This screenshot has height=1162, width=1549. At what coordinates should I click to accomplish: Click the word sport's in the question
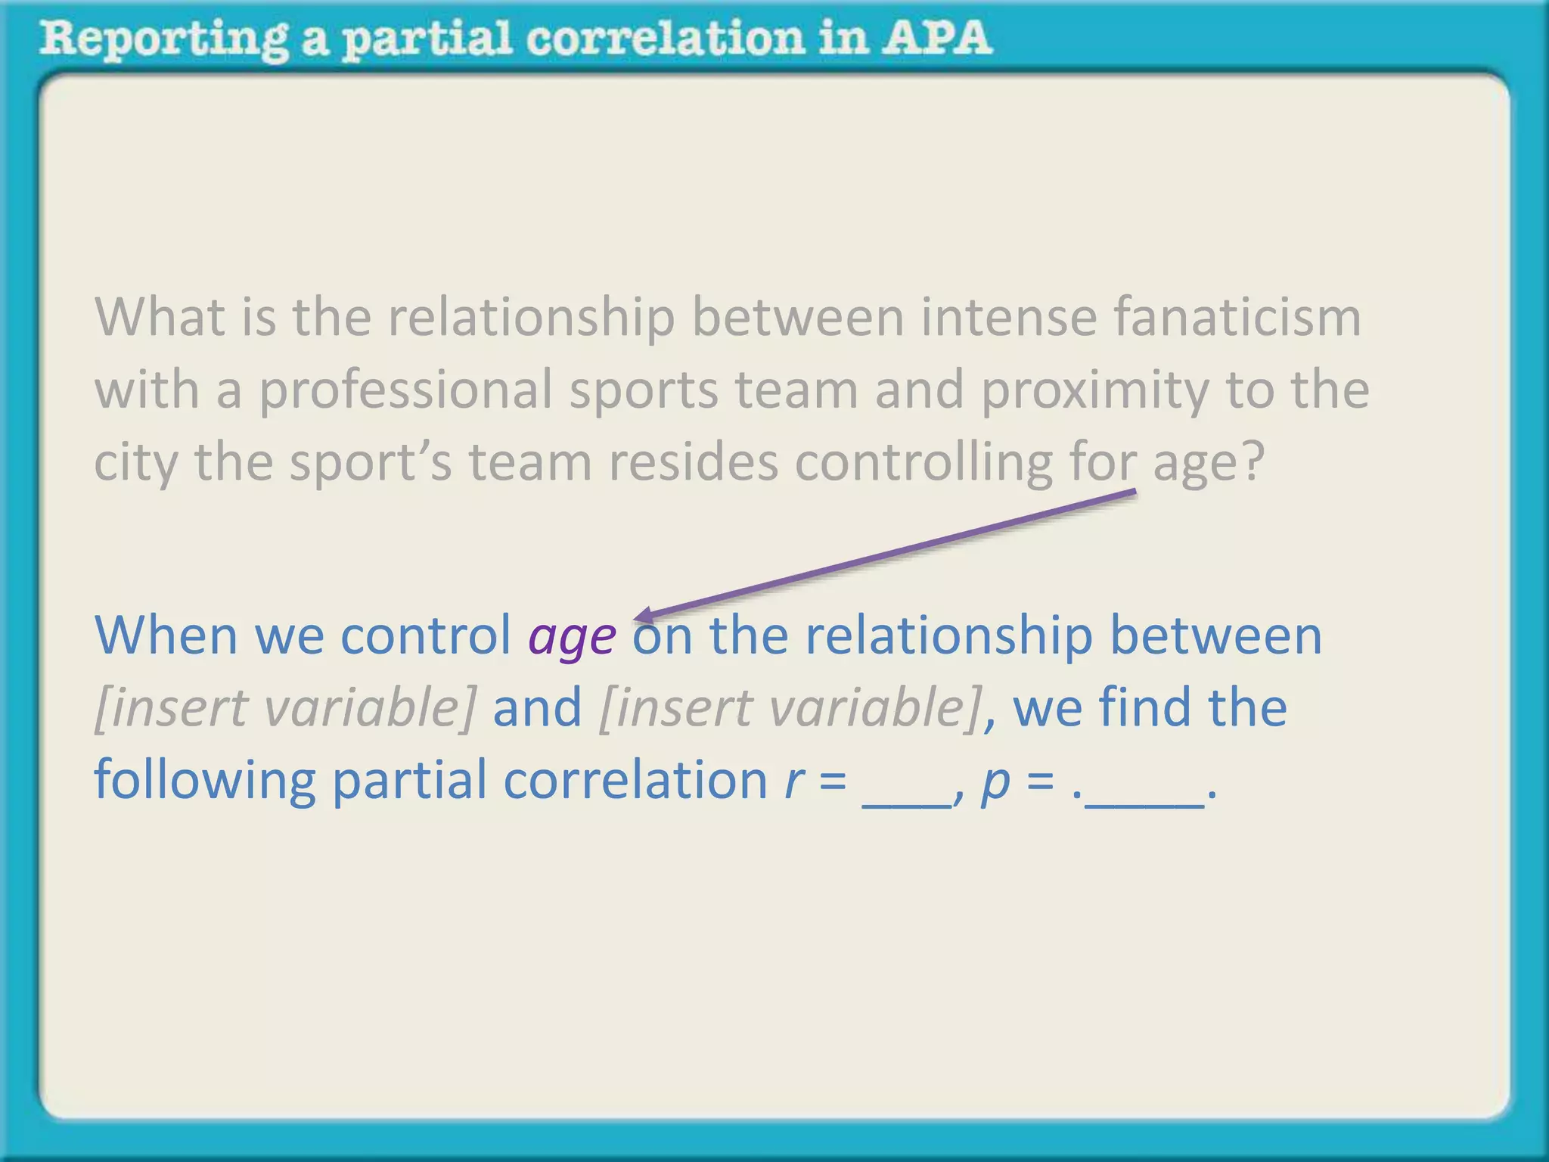[x=371, y=461]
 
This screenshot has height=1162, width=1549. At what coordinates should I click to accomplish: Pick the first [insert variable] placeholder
[x=286, y=708]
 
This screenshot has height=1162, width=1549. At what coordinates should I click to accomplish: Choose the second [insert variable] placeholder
[x=791, y=708]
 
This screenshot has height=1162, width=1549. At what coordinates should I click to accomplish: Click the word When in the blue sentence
[x=166, y=635]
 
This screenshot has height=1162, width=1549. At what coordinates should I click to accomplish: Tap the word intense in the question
[x=1008, y=317]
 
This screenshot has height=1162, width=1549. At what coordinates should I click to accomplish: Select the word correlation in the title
[x=666, y=38]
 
